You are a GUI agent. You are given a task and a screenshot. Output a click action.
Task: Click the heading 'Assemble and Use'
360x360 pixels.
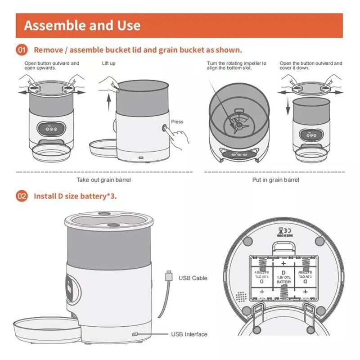tap(82, 25)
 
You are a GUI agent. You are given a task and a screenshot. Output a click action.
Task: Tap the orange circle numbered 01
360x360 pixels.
tap(22, 49)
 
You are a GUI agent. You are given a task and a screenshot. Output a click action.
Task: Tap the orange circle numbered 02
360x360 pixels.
tap(22, 196)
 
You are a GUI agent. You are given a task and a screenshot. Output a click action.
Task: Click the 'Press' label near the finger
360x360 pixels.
tap(177, 121)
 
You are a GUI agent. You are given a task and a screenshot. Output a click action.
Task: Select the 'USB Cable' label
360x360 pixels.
tap(193, 278)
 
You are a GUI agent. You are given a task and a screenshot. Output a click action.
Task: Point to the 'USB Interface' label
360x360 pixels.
tap(189, 334)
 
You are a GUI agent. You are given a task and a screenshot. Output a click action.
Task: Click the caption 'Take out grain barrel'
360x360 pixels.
tap(104, 180)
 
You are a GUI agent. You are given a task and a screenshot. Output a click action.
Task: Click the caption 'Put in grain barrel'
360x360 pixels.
tap(275, 180)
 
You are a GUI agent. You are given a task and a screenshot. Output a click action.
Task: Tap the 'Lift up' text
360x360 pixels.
tap(108, 63)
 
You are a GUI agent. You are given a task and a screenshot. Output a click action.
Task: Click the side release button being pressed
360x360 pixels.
tap(165, 128)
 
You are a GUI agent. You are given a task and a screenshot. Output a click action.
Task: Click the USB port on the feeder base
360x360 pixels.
tap(135, 334)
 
